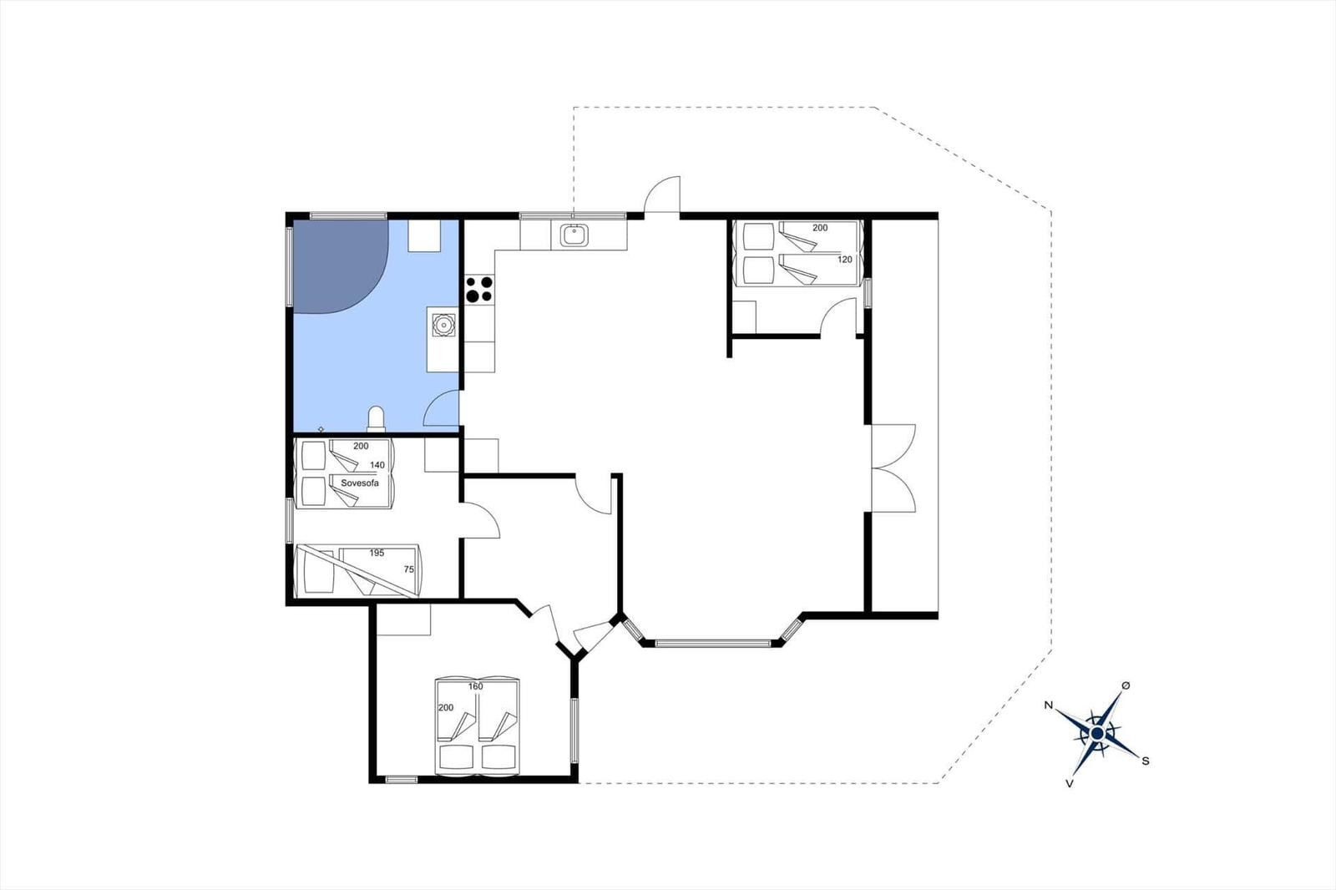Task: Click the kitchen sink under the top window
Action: click(574, 235)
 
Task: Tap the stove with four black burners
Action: click(479, 289)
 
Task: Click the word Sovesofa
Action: click(360, 483)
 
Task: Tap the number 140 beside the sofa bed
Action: click(377, 465)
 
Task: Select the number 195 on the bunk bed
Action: click(377, 553)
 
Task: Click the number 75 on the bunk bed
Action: click(408, 569)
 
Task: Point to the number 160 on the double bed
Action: click(475, 686)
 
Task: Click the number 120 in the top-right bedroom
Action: click(844, 260)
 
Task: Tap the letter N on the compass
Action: click(1048, 705)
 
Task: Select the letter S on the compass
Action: click(1145, 761)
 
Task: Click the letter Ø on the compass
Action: click(1126, 686)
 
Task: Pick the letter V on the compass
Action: click(1070, 784)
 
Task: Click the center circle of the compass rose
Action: click(1096, 734)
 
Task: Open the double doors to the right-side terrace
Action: click(893, 468)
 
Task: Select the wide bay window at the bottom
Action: click(713, 643)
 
